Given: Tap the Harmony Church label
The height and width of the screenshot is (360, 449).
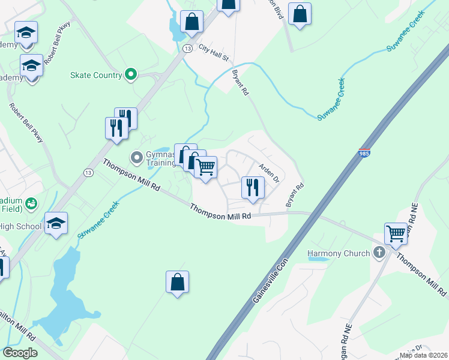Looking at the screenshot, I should point(339,253).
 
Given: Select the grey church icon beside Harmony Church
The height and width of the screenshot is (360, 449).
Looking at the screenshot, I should point(379,253).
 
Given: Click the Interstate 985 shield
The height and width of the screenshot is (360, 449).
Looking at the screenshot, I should point(364,154).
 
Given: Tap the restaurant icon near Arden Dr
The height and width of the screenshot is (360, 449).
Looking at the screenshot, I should point(253,187).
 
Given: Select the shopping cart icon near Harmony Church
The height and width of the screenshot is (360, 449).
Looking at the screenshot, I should point(396,233).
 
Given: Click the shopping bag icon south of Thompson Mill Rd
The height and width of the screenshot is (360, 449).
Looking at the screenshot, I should point(177,282).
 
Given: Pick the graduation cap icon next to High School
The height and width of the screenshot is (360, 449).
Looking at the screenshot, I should point(56,224).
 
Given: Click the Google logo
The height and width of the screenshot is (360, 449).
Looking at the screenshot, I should point(20,353).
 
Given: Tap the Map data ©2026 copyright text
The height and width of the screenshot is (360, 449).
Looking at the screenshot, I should point(423,355).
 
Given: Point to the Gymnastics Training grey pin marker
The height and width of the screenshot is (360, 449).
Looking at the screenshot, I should point(137,158).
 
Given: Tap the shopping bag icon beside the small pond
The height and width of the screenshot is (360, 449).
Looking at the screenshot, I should point(191,22).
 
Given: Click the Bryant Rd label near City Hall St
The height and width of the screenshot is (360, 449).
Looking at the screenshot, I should point(240,83).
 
